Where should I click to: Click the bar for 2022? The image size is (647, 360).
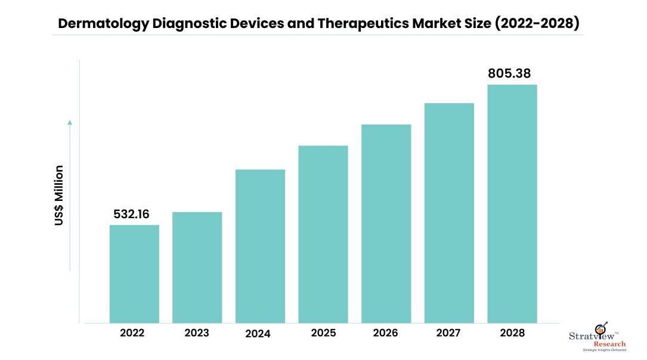coord(134,274)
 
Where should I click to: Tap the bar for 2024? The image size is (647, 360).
coord(260,246)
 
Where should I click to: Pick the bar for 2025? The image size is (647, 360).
coord(323,234)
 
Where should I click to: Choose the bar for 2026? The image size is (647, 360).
coord(386,224)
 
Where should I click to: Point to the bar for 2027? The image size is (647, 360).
coord(449,213)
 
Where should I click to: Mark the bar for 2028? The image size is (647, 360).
coord(512,203)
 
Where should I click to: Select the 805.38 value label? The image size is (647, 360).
coord(509,74)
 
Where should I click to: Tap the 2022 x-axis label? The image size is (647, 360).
coord(132,333)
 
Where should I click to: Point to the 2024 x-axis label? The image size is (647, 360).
coord(258,334)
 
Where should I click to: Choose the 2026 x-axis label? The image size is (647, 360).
coord(385,333)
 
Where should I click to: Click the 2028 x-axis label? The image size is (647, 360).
coord(512,333)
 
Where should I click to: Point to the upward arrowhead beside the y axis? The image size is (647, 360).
coord(70,122)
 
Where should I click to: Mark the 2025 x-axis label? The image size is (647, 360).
coord(323,333)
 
